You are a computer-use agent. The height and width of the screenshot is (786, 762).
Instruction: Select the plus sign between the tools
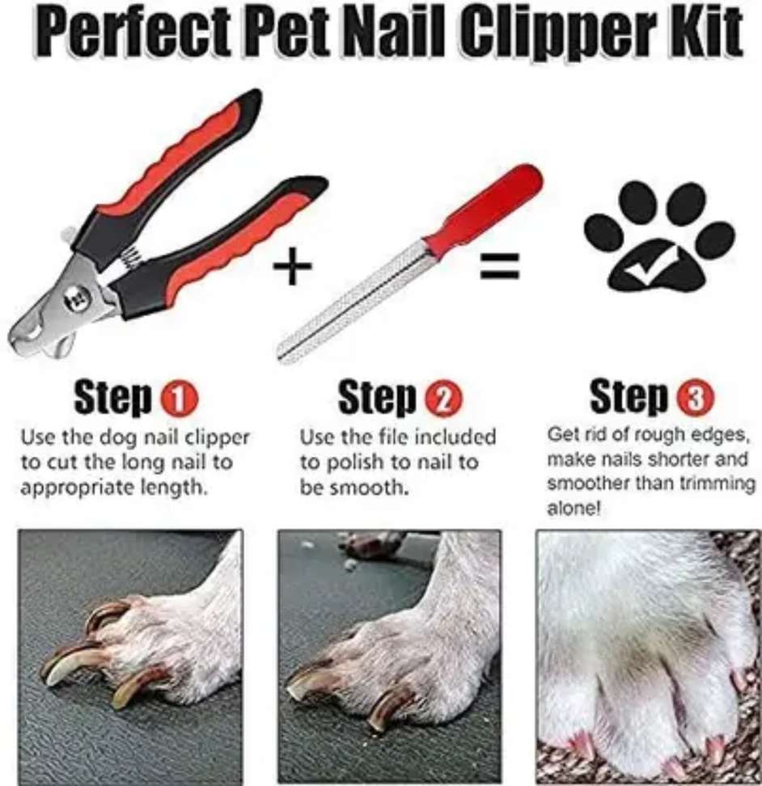click(x=293, y=265)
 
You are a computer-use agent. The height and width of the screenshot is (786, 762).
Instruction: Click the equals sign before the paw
click(x=500, y=266)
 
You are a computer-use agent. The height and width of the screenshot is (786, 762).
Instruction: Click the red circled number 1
click(x=179, y=399)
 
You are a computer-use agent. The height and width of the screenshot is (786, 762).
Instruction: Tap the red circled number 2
click(x=443, y=399)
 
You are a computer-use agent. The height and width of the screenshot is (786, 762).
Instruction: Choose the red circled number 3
click(x=696, y=398)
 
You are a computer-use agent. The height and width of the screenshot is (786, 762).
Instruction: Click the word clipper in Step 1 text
click(x=217, y=438)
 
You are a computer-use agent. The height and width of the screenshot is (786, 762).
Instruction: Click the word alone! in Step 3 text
click(x=574, y=509)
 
